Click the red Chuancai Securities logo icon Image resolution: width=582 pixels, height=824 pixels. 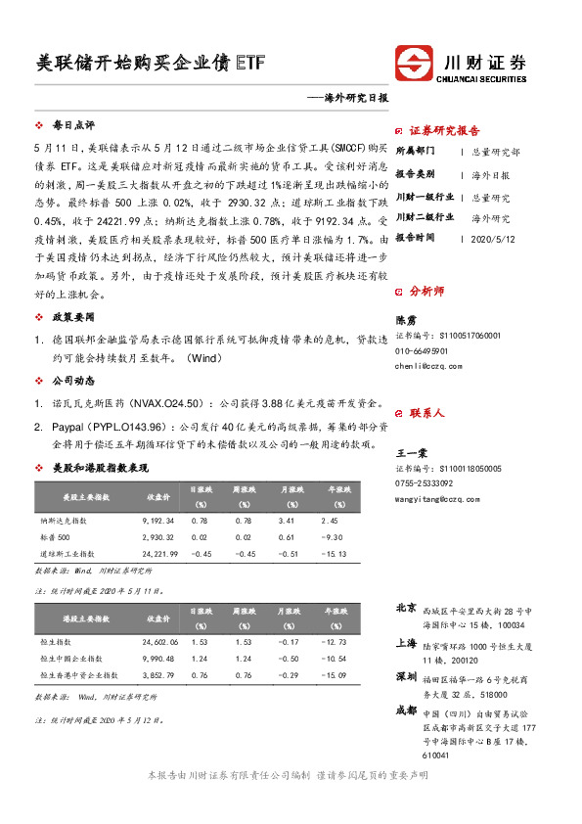pos(411,65)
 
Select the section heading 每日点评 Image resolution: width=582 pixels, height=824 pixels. pos(73,126)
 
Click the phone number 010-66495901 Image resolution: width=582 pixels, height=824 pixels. pos(423,350)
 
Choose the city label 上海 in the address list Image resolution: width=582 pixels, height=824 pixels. pos(406,644)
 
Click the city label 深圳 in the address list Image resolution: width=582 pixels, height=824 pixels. pos(406,677)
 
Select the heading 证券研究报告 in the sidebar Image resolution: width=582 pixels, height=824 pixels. pos(444,131)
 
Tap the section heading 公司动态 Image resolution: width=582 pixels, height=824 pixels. pos(73,380)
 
